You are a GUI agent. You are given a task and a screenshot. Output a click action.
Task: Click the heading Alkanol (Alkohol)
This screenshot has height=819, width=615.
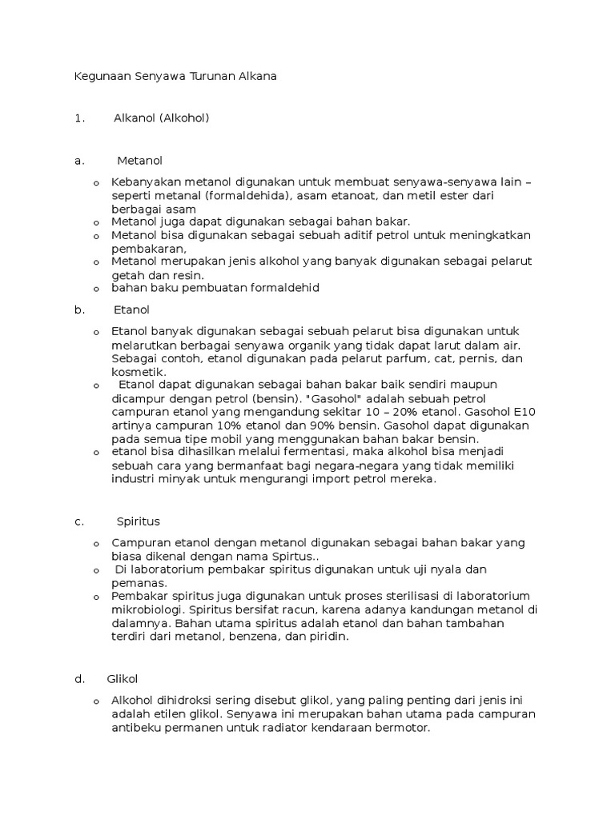tap(161, 118)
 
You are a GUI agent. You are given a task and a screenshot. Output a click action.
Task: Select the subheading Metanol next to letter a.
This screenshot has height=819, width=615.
tap(139, 161)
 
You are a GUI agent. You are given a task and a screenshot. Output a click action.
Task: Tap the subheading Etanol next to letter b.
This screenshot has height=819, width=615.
tap(132, 310)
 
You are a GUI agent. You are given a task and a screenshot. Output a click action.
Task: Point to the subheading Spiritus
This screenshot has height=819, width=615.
tap(138, 521)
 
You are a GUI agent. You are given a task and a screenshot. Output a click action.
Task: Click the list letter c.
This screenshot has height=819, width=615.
tap(78, 521)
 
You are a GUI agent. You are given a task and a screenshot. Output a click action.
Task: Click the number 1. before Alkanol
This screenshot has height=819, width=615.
tap(78, 118)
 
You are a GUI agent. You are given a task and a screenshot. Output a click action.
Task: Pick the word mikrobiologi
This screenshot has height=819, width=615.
tap(150, 610)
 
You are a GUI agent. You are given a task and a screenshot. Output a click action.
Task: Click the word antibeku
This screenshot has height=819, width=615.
tap(137, 729)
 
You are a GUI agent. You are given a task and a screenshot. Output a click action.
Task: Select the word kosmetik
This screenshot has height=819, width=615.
tap(139, 372)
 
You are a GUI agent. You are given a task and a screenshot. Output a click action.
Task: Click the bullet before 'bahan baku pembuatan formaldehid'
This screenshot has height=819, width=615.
tap(96, 289)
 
